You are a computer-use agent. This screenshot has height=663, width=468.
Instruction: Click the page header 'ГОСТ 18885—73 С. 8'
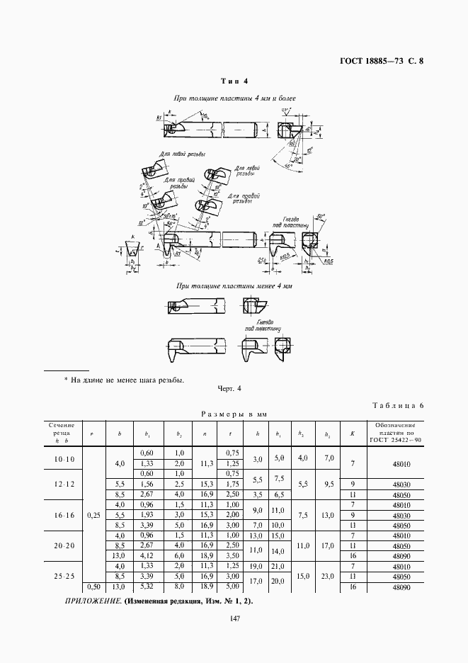coord(381,61)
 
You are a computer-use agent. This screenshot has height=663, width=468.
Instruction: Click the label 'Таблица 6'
coord(396,405)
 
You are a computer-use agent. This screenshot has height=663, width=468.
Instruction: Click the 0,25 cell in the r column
coord(94,516)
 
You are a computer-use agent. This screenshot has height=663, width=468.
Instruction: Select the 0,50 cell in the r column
coord(94,586)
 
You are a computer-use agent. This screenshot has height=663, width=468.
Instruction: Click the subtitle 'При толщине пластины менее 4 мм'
coord(234,287)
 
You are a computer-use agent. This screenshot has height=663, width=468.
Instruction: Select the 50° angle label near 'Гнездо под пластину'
coord(320,217)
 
